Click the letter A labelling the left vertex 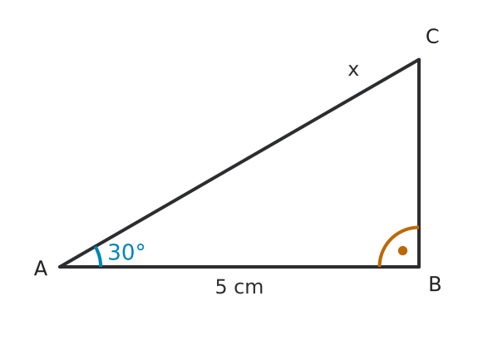point(41,269)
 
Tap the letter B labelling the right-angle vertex point(435,284)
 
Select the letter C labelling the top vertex point(432,37)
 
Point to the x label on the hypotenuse point(353,71)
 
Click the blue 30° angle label point(126,252)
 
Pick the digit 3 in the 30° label point(114,253)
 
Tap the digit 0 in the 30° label point(127,253)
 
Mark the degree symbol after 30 point(140,248)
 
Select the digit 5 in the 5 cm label point(221,287)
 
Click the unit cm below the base point(249,288)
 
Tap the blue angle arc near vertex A point(99,256)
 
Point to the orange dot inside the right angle point(402,250)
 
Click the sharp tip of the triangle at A point(59,267)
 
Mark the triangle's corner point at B point(419,267)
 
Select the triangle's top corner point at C point(419,59)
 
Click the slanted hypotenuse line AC point(239,163)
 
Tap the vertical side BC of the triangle point(419,163)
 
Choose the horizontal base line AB point(239,267)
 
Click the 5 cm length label point(239,287)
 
